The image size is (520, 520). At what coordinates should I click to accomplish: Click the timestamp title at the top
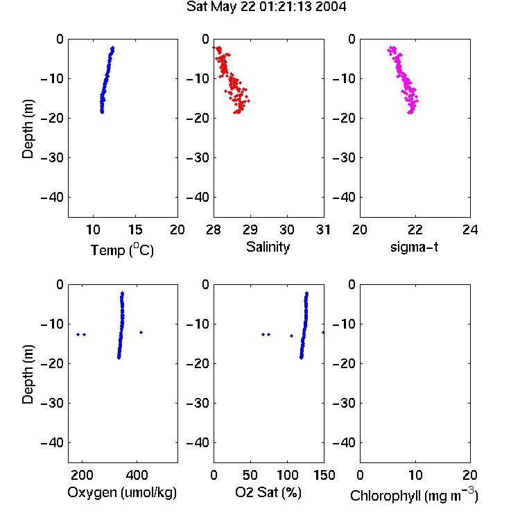pyautogui.click(x=266, y=6)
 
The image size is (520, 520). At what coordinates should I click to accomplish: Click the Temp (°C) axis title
pyautogui.click(x=122, y=250)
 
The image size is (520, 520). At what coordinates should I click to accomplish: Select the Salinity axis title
pyautogui.click(x=268, y=247)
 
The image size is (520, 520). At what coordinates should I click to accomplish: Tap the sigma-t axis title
pyautogui.click(x=414, y=247)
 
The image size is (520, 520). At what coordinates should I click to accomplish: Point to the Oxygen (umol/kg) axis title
pyautogui.click(x=122, y=493)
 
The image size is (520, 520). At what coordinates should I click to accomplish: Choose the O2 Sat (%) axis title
pyautogui.click(x=268, y=492)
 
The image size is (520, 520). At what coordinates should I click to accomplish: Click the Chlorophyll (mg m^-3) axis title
pyautogui.click(x=414, y=495)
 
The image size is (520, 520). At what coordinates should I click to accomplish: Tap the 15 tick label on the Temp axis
pyautogui.click(x=135, y=229)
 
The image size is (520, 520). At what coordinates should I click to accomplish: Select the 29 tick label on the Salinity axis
pyautogui.click(x=250, y=229)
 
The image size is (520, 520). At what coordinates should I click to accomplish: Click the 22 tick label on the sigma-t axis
pyautogui.click(x=415, y=229)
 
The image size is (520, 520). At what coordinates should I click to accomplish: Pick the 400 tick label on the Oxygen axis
pyautogui.click(x=137, y=475)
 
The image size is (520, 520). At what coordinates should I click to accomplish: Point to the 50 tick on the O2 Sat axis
pyautogui.click(x=250, y=475)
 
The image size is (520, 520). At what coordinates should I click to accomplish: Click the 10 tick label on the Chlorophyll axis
pyautogui.click(x=415, y=475)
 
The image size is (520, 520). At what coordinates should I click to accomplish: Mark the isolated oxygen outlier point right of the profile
pyautogui.click(x=141, y=332)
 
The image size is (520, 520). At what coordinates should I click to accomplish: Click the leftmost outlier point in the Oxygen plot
pyautogui.click(x=78, y=335)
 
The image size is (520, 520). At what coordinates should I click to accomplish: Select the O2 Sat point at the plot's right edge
pyautogui.click(x=323, y=332)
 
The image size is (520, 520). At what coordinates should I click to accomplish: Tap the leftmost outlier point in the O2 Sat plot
pyautogui.click(x=263, y=335)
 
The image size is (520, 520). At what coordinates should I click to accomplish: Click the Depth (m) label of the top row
pyautogui.click(x=28, y=129)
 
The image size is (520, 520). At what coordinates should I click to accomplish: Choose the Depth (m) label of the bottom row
pyautogui.click(x=28, y=374)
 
